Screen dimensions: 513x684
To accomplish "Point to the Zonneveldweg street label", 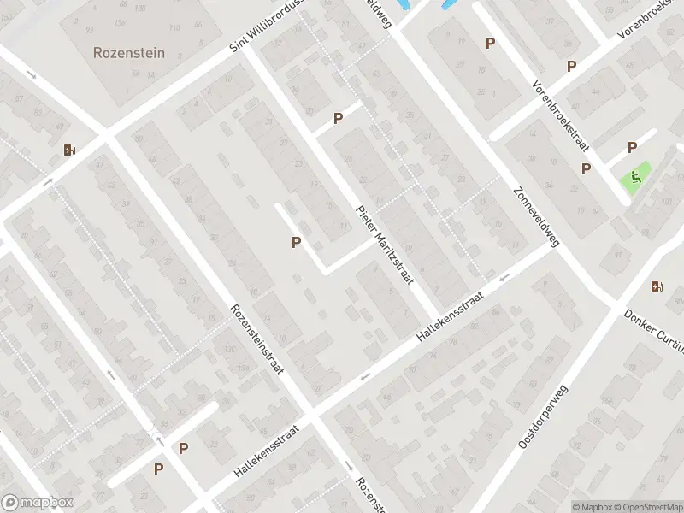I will click(x=536, y=217).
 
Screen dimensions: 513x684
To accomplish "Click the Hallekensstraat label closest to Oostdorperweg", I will click(x=450, y=316).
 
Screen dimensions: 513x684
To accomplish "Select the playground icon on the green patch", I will click(x=635, y=177).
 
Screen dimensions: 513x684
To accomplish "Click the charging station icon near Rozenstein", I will click(x=69, y=150).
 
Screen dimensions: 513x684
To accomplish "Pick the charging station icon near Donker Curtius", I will click(x=657, y=286).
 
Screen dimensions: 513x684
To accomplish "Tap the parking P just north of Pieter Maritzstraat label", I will click(x=339, y=119).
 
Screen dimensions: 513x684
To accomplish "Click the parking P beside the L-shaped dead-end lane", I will click(x=296, y=242).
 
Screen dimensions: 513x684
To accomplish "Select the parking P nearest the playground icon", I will click(x=633, y=147).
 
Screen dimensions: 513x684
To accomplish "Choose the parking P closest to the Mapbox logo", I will click(x=158, y=469).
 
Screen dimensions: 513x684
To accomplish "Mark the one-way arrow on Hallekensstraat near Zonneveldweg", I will click(x=504, y=277).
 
